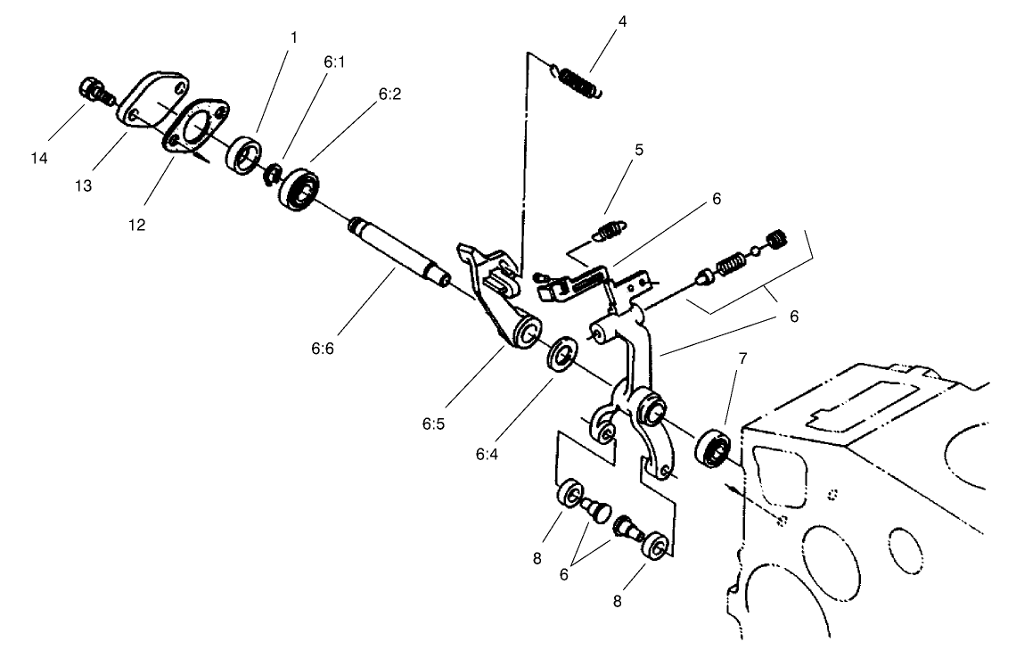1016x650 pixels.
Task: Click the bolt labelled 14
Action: click(x=92, y=90)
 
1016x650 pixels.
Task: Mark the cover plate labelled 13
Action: click(x=152, y=101)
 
